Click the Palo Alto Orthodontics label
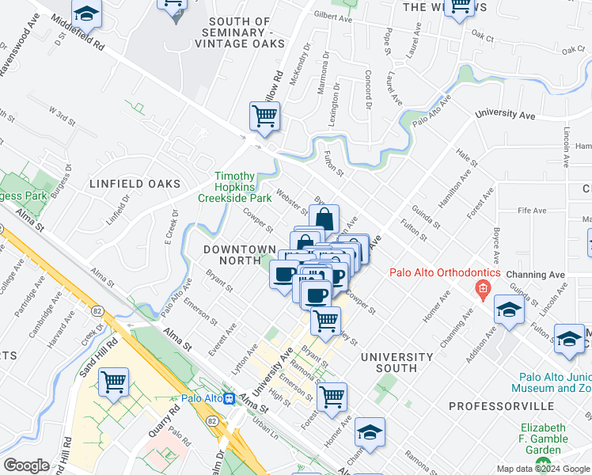[x=444, y=274]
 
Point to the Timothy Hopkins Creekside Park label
[x=235, y=187]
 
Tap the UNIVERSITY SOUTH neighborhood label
[x=397, y=363]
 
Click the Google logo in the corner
[x=26, y=465]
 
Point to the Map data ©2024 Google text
[x=542, y=468]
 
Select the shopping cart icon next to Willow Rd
[x=264, y=116]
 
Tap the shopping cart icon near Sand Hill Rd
[x=114, y=382]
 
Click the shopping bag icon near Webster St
[x=324, y=218]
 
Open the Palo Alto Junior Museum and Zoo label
[x=554, y=383]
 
